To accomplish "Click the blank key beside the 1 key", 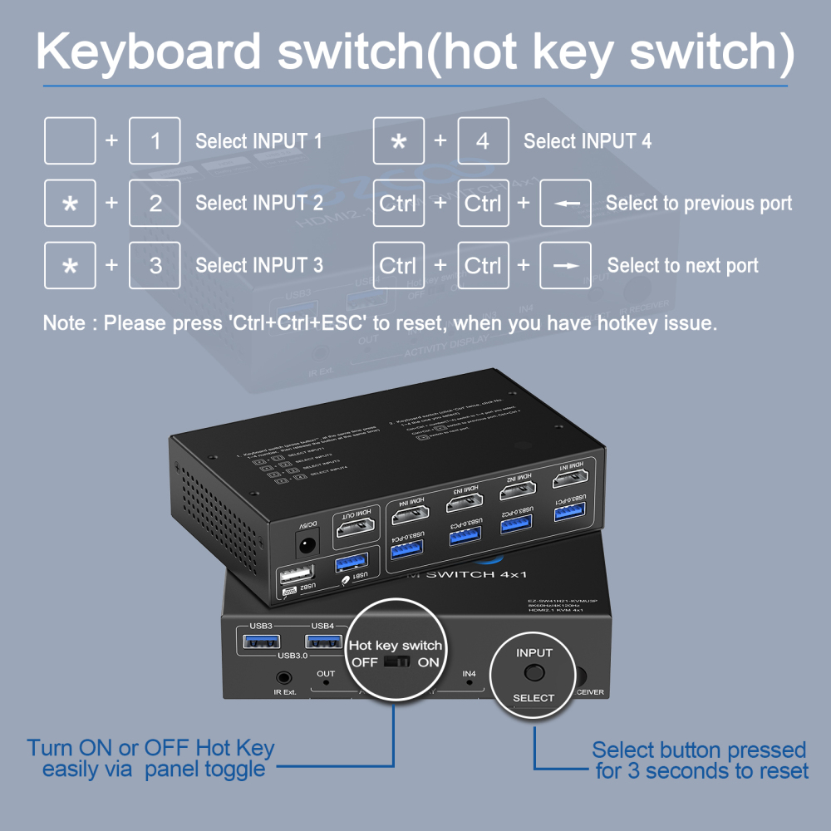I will click(70, 140).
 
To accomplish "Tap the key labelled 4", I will click(483, 140).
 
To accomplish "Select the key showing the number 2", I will click(155, 203).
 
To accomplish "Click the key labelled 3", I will click(155, 265).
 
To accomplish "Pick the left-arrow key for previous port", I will click(566, 203).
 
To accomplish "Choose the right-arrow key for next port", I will click(566, 265).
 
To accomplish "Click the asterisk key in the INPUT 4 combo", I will click(399, 140).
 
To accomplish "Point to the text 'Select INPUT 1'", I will click(258, 141).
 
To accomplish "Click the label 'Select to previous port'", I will click(699, 204).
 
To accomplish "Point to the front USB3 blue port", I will click(260, 641).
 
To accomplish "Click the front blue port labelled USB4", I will click(323, 641).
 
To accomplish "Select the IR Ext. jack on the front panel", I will click(285, 678).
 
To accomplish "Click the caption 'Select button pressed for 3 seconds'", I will click(701, 760).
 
